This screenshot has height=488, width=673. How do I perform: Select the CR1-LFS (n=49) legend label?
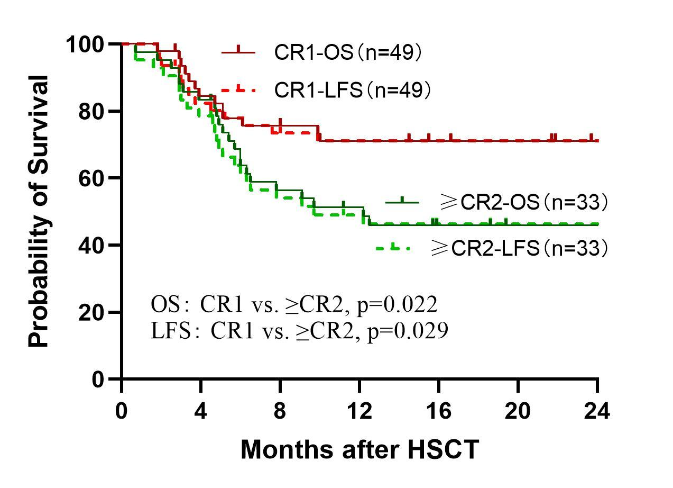(x=353, y=91)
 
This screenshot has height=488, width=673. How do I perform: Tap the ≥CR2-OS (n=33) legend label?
(x=523, y=202)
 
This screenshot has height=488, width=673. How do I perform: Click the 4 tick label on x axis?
(x=201, y=411)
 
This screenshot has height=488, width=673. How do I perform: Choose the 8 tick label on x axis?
(x=280, y=411)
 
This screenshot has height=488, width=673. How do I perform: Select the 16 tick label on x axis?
(x=439, y=411)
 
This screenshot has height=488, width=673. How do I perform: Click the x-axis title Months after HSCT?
(x=359, y=450)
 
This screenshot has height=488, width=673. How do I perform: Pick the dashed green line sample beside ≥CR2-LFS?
(x=393, y=248)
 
